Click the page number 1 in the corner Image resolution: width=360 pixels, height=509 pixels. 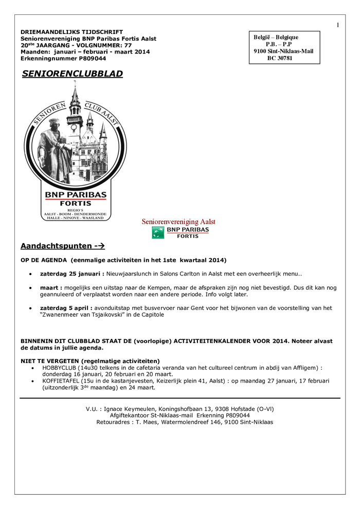(x=338, y=25)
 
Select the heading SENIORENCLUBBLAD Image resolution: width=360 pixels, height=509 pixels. (x=73, y=74)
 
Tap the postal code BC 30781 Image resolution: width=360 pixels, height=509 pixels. (x=280, y=59)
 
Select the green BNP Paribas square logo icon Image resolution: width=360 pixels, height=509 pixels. (x=158, y=232)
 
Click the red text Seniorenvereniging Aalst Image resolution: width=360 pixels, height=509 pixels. (x=178, y=222)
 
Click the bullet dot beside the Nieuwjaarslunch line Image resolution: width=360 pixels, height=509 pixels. (x=32, y=274)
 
